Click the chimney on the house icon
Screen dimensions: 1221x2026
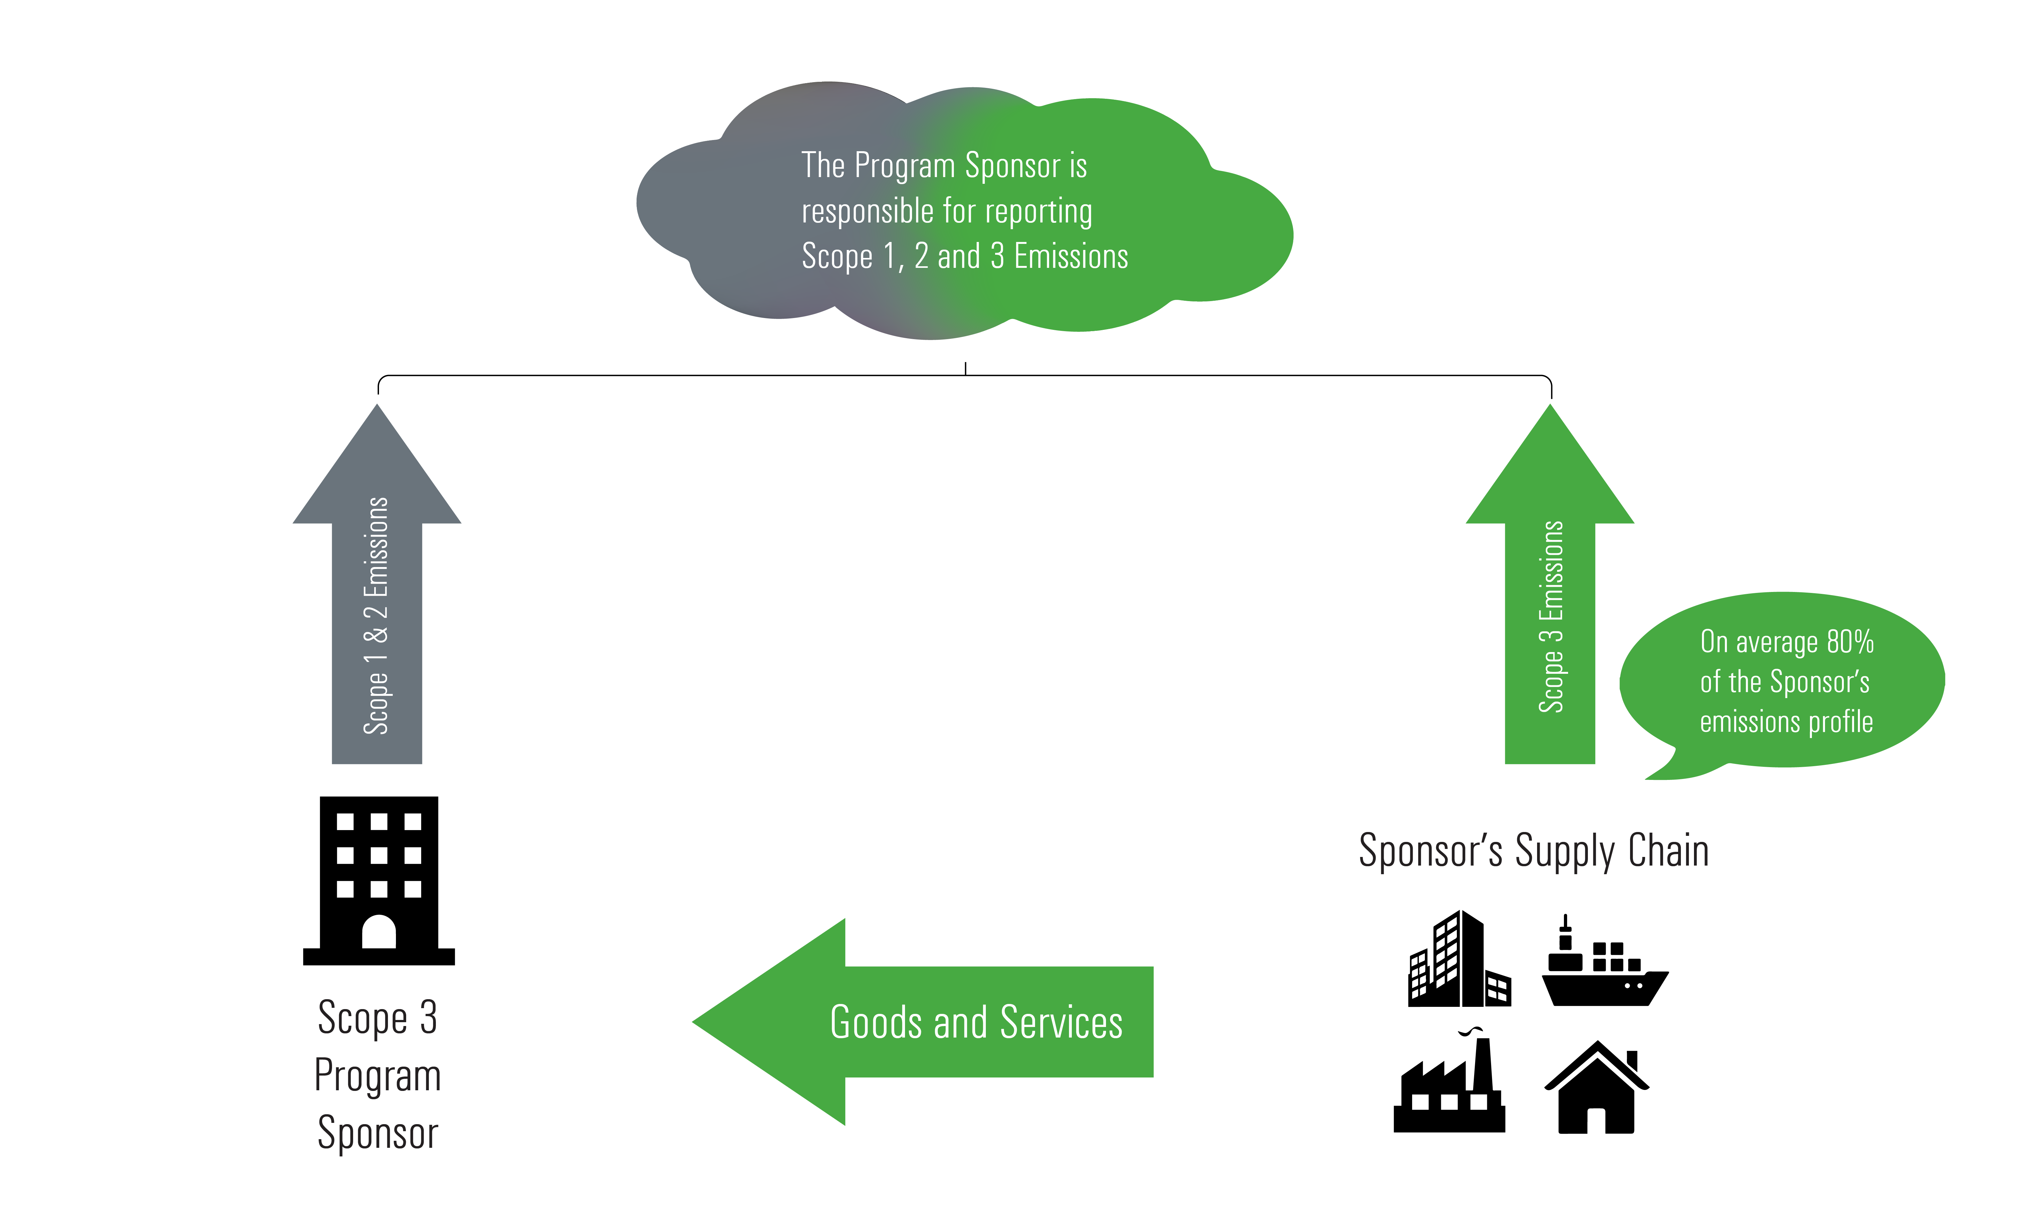[1632, 1061]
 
